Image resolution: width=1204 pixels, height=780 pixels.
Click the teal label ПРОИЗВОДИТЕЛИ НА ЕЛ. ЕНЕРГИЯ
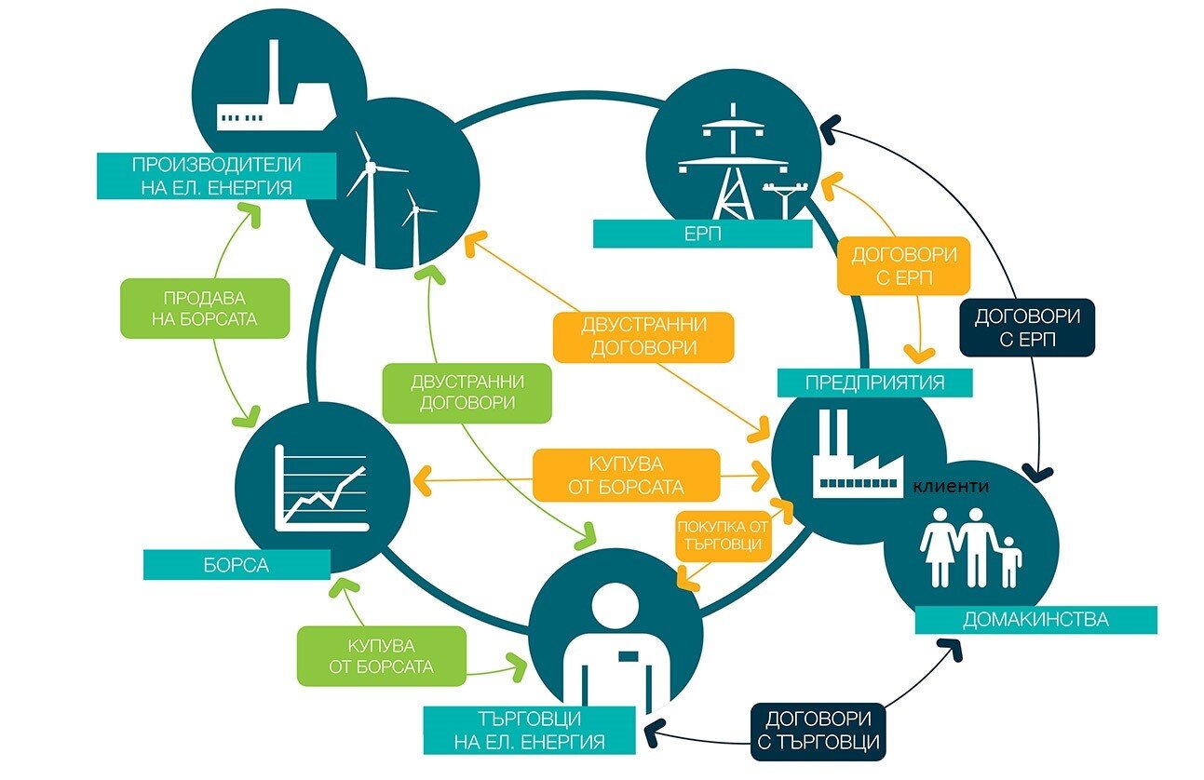[217, 176]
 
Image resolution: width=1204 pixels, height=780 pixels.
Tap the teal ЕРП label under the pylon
[702, 234]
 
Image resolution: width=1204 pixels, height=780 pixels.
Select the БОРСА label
[237, 565]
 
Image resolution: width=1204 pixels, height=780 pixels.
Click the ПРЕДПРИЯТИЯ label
[874, 383]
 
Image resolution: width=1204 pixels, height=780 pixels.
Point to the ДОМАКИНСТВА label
[1035, 619]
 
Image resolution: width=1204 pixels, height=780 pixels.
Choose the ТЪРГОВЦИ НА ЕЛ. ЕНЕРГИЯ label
[530, 730]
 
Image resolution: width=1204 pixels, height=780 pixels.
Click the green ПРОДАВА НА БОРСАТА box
[205, 308]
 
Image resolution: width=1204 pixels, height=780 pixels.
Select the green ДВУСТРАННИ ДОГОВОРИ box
[467, 393]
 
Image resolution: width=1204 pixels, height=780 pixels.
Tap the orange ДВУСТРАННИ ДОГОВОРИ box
[643, 337]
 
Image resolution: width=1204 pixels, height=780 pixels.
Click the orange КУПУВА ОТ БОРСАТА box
[626, 476]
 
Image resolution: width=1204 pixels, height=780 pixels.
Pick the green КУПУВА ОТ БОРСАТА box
[381, 656]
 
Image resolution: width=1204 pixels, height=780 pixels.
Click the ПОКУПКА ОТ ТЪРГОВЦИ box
[723, 535]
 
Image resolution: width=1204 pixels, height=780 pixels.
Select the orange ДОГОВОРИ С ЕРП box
[904, 266]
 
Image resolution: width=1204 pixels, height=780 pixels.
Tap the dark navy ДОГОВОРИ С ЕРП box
[1027, 328]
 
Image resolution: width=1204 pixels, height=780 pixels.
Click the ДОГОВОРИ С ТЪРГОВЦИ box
[818, 731]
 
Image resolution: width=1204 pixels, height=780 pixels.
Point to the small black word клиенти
[951, 487]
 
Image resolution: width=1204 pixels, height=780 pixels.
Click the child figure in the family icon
[1008, 561]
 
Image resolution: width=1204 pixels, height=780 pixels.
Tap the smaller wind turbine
[415, 225]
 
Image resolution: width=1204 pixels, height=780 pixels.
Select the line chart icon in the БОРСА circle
[321, 488]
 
